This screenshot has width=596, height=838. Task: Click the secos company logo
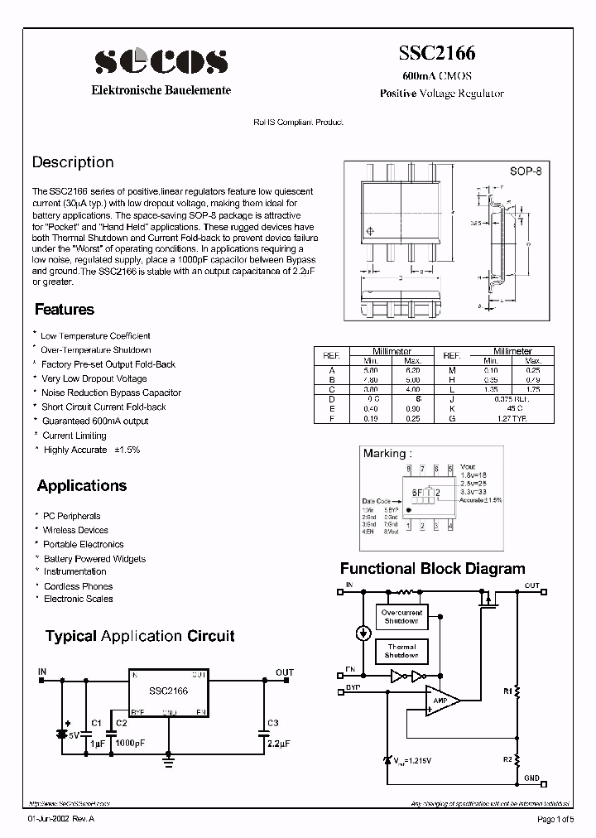click(161, 60)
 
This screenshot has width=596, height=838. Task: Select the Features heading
click(65, 310)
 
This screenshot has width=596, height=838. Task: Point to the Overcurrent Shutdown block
click(401, 617)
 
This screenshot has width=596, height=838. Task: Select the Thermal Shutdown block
click(401, 652)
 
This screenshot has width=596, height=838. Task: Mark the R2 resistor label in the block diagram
click(507, 759)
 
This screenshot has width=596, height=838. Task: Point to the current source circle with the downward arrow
click(363, 633)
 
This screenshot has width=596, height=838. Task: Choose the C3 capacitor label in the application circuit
click(273, 723)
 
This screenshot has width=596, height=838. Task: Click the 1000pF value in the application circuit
click(129, 743)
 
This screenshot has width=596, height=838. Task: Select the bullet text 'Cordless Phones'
click(78, 586)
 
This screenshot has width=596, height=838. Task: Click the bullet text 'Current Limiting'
click(74, 436)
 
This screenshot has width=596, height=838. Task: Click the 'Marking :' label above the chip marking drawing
click(385, 454)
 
